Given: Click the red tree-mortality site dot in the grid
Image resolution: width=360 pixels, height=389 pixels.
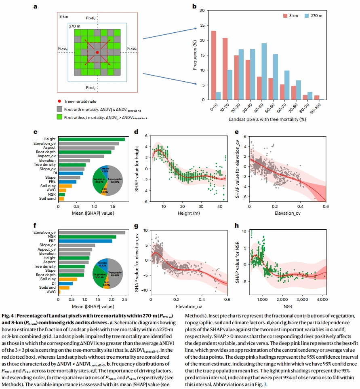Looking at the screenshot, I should tap(97, 52).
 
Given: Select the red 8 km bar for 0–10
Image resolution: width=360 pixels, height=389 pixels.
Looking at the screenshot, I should tap(214, 65).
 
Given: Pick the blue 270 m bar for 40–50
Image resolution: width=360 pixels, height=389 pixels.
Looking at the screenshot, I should tap(264, 71).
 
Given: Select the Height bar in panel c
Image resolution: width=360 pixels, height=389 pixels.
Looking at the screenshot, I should tap(91, 140).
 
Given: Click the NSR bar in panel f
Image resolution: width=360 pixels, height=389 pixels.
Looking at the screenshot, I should tap(87, 237).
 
